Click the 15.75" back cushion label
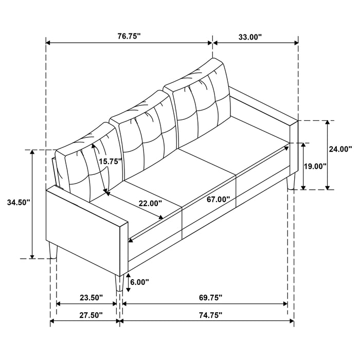111,161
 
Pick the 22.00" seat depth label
150,203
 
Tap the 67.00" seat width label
218,199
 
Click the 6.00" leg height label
139,282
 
